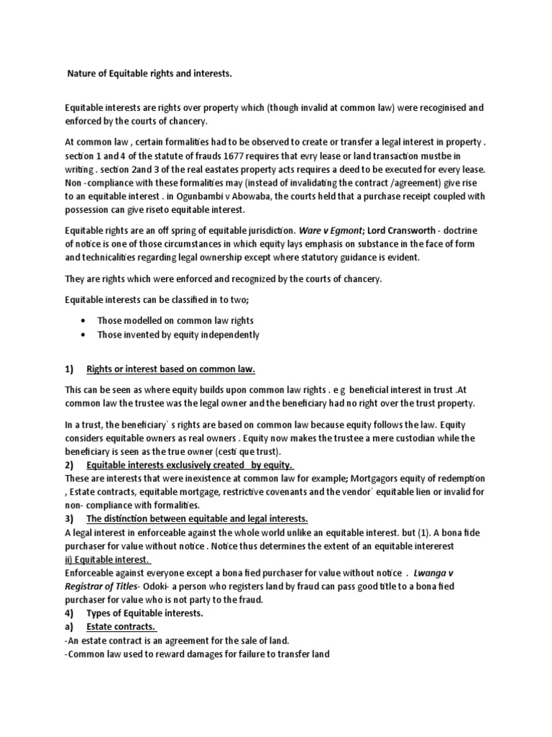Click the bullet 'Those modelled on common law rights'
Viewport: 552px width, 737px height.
[x=170, y=320]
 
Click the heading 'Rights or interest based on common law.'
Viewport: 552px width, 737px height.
[x=171, y=369]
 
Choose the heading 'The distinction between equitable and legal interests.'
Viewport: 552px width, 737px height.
[x=198, y=520]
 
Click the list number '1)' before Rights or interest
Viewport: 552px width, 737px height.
[x=70, y=369]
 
